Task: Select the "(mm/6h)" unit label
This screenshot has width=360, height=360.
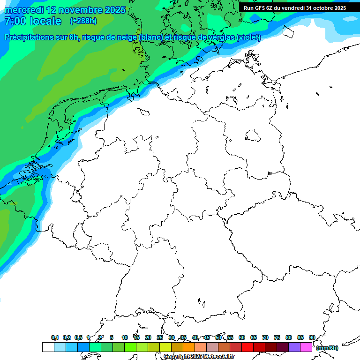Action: click(327, 348)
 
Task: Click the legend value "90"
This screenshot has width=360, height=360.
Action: click(312, 337)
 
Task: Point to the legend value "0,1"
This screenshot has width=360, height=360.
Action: click(54, 337)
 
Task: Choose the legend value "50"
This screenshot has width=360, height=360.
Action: click(218, 337)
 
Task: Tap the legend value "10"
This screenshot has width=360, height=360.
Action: click(125, 337)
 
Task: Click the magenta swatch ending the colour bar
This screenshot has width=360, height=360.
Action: click(306, 347)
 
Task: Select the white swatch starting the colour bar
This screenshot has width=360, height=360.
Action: click(48, 347)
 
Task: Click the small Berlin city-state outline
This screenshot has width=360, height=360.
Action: click(253, 136)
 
